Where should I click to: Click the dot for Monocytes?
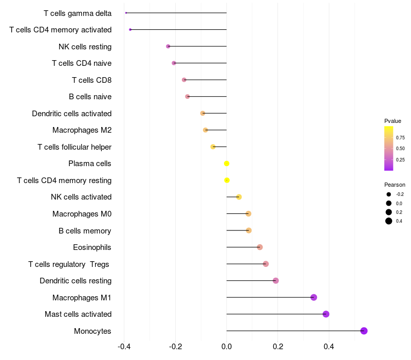point(364,331)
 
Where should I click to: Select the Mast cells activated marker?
point(326,314)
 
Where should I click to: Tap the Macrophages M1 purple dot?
point(314,297)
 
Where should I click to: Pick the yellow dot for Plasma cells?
point(227,164)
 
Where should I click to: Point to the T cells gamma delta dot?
point(126,13)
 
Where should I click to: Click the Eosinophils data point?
point(260,247)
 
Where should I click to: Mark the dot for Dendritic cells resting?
point(276,281)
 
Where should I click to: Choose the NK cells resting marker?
point(168,46)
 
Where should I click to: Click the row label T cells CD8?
point(91,80)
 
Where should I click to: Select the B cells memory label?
point(85,230)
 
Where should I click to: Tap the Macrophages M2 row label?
point(82,130)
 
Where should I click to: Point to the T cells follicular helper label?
point(74,147)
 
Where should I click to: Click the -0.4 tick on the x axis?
point(124,347)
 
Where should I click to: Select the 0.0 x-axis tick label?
point(227,347)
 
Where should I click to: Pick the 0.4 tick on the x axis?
point(329,347)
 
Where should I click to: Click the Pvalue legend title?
point(393,121)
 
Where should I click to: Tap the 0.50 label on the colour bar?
point(400,149)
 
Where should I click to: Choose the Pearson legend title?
point(395,185)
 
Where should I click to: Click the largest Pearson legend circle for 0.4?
point(389,221)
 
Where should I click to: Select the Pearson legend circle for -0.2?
point(389,194)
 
